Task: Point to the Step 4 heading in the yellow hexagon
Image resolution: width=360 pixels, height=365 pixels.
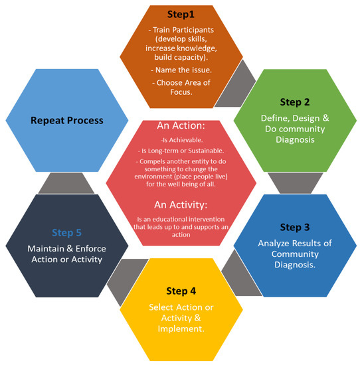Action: [x=181, y=290]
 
